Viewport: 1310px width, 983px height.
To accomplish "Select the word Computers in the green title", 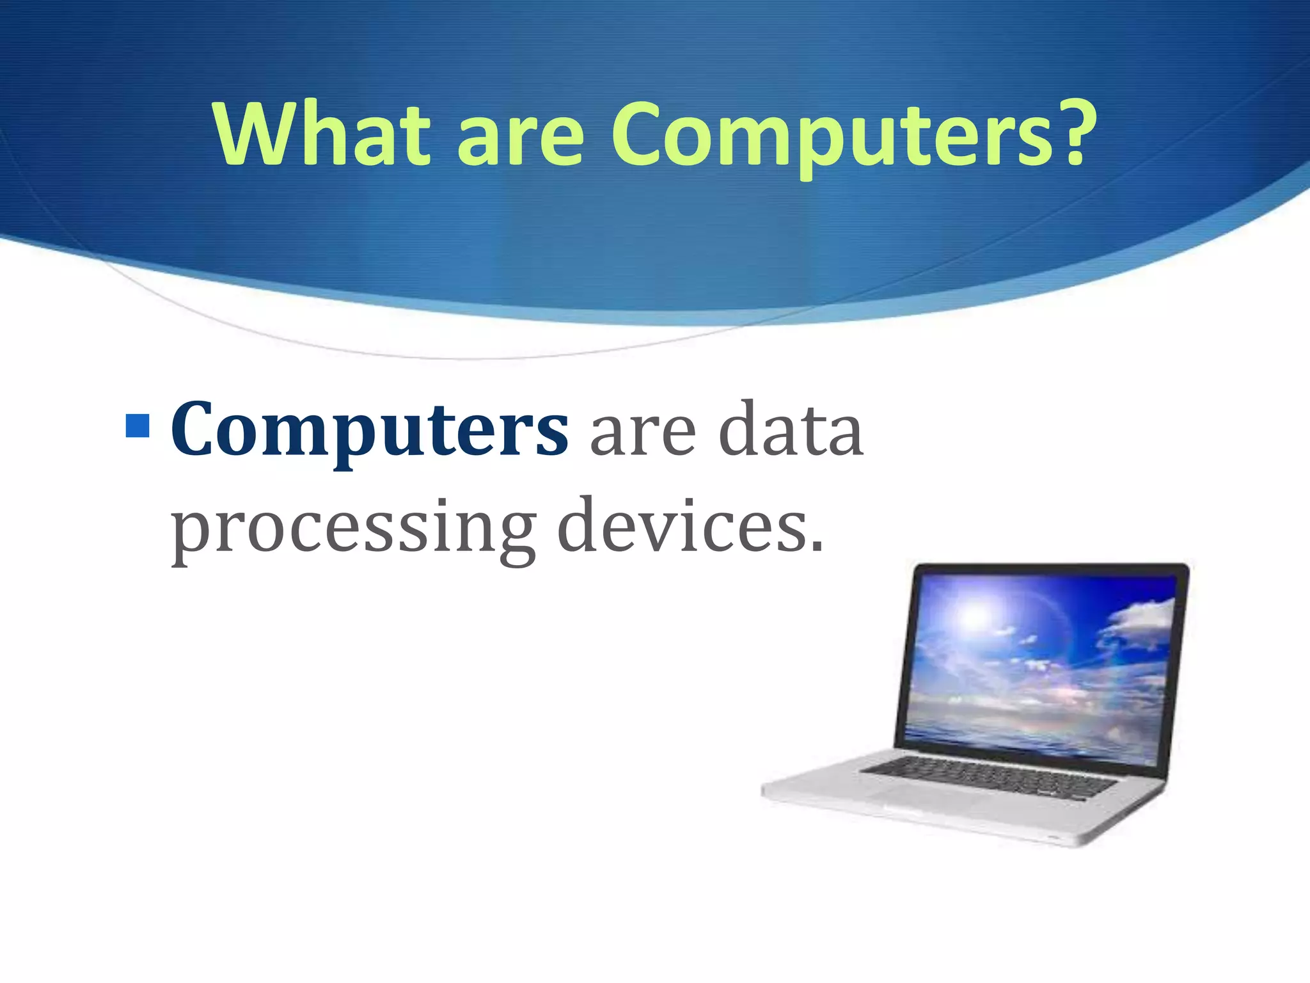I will [x=831, y=137].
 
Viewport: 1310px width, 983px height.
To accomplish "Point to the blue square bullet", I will [x=138, y=426].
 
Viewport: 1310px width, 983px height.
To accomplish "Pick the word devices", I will [x=682, y=527].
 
